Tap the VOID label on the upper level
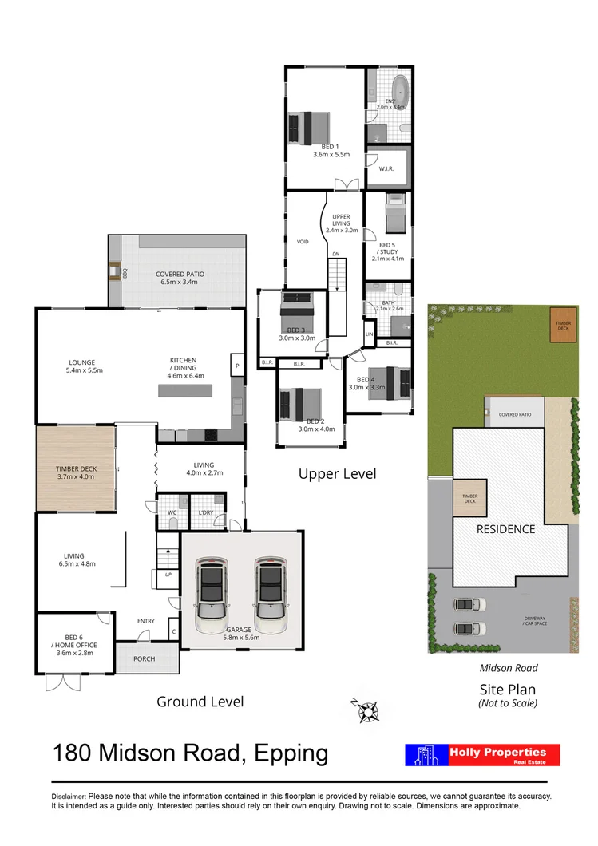[303, 241]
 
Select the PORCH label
[145, 658]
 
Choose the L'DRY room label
[205, 512]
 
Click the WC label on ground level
[170, 512]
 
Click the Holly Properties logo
[483, 755]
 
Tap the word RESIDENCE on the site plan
[505, 528]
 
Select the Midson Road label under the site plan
[508, 668]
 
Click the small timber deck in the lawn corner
[564, 325]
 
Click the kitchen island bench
[185, 391]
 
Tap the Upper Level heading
[337, 474]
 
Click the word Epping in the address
[289, 753]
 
